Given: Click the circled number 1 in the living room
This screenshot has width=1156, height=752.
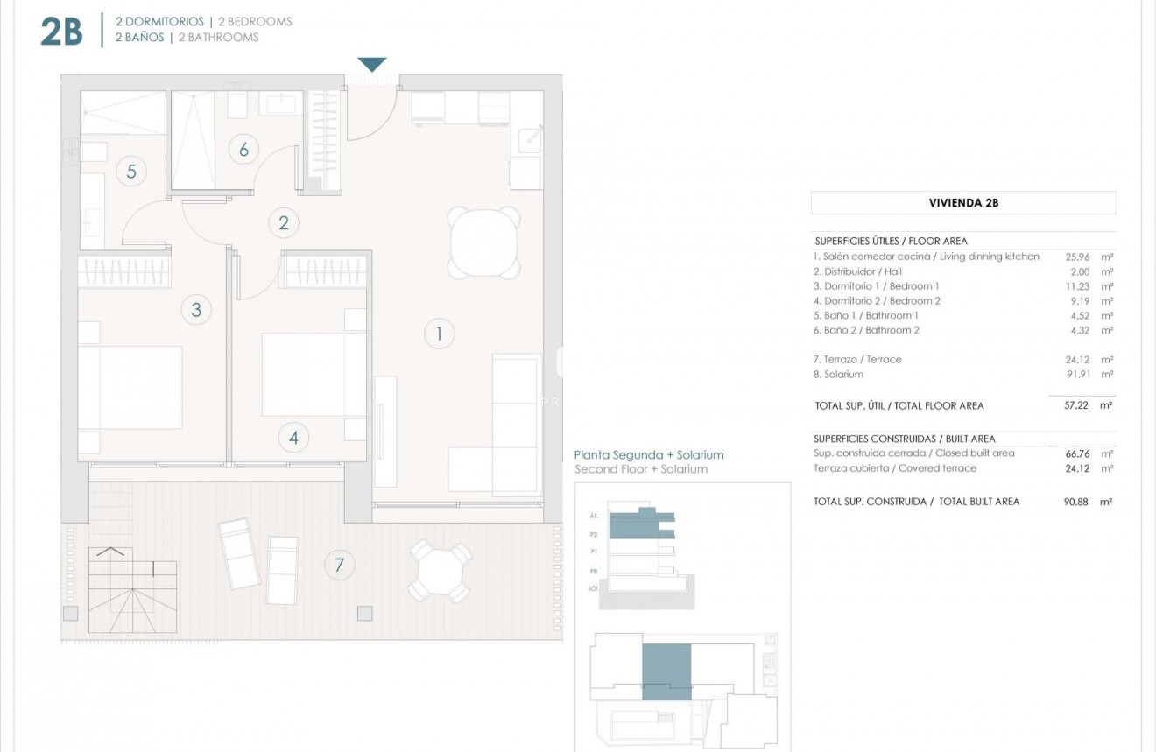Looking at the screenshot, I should coord(439,333).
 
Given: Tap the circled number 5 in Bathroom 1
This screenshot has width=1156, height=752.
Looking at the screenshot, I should coord(131,171).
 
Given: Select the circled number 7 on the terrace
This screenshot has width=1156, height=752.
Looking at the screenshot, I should coord(339,565).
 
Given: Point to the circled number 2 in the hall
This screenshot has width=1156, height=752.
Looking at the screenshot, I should coord(283,222).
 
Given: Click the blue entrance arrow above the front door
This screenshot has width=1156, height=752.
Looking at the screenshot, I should coord(372,65).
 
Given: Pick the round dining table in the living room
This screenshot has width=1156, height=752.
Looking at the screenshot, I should coord(484,242).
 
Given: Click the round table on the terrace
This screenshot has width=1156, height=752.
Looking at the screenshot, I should coord(441,571).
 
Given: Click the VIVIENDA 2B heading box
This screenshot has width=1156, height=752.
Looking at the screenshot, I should coord(963,203).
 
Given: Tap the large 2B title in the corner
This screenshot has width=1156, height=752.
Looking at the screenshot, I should coord(61,32).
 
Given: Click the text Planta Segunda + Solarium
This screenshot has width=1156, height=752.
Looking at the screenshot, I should coord(648,455).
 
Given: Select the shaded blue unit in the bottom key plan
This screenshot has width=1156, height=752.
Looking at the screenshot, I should coord(666,671).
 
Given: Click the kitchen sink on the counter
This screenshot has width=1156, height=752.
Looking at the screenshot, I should coord(528,141).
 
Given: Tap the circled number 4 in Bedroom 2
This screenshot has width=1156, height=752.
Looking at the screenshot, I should coord(293,437).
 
